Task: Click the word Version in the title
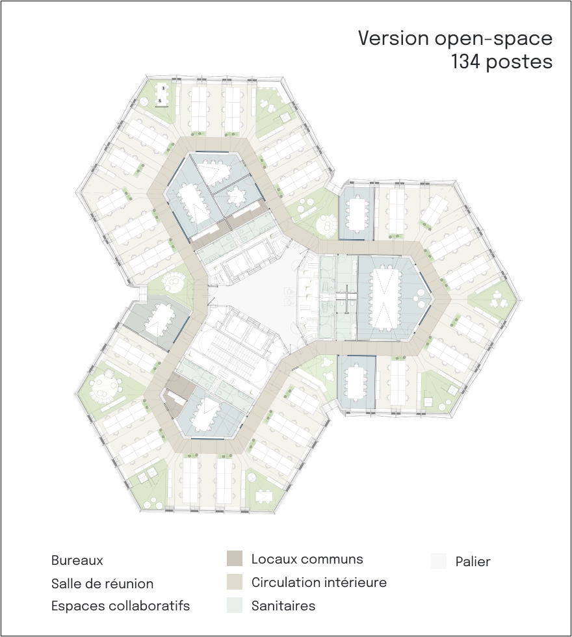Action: pos(393,38)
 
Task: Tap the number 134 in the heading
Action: pos(467,62)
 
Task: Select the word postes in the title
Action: pos(519,62)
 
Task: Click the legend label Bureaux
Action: pos(77,560)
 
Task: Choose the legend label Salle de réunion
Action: pos(103,584)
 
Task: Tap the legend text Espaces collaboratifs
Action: pos(121,606)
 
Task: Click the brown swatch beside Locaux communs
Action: pos(235,558)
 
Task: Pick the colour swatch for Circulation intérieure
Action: pos(235,582)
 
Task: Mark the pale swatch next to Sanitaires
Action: pos(235,605)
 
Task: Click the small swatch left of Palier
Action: pos(439,560)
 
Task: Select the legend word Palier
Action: pos(473,562)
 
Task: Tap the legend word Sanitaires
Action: pos(283,606)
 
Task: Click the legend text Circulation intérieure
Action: pos(319,582)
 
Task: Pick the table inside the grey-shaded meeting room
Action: pos(157,320)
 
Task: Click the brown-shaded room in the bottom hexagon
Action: pos(175,395)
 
